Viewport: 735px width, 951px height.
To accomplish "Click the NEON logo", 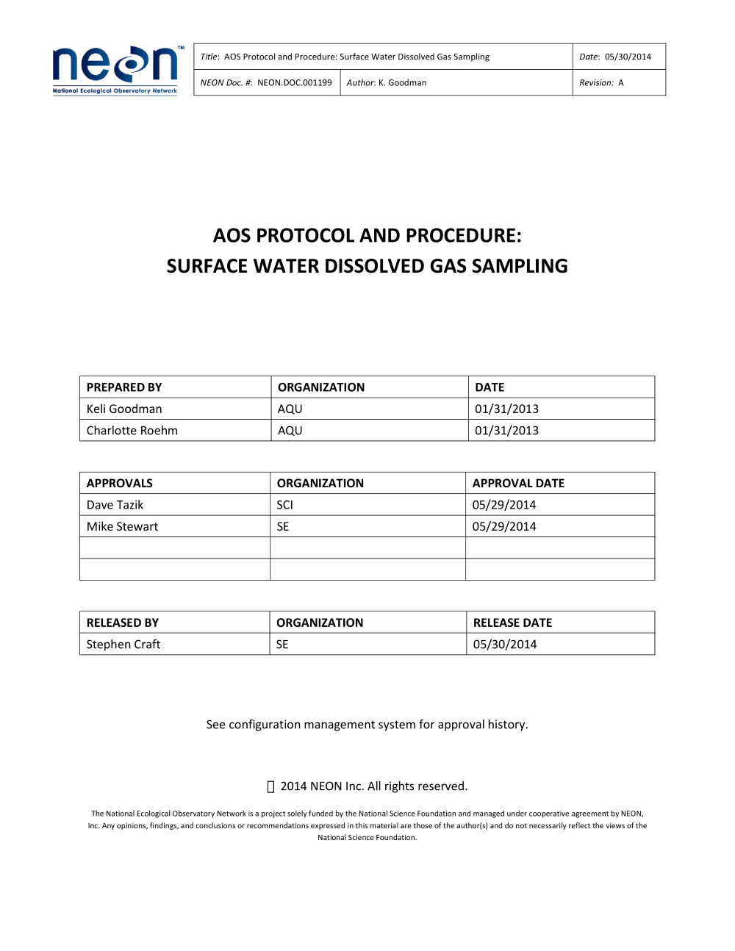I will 115,70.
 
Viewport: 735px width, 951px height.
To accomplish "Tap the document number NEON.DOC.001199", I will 294,83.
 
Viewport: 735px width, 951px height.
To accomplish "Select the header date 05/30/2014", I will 628,57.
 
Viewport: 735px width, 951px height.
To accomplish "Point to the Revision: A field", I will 601,83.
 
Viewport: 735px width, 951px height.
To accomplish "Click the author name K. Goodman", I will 402,83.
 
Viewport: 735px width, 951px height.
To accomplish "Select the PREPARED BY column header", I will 124,387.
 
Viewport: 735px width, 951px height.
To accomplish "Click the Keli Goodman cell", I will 124,409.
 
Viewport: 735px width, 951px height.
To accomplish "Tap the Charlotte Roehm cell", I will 132,431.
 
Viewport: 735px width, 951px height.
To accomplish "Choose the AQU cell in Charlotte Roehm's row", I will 290,431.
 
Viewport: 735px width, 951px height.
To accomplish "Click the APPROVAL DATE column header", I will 518,483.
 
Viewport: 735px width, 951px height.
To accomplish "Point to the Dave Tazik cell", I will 115,505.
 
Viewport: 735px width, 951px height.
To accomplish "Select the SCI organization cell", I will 285,505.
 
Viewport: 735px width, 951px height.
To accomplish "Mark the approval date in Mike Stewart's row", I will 504,526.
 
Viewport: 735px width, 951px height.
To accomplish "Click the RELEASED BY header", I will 123,622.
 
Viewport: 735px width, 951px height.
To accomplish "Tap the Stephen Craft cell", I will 123,645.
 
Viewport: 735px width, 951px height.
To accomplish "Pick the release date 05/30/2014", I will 505,645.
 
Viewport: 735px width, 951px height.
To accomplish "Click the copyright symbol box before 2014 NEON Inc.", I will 270,787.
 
